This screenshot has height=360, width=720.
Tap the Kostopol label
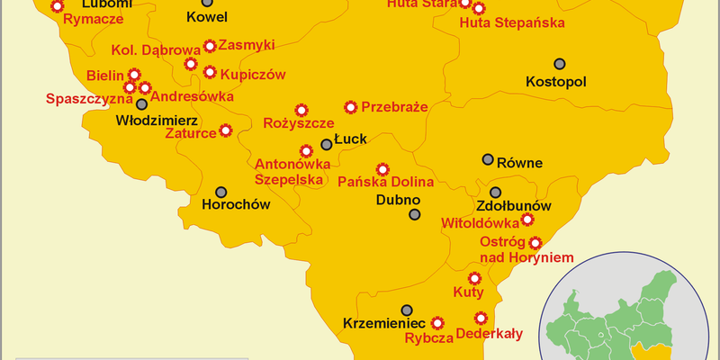click(x=555, y=82)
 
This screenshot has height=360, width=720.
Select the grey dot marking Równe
click(x=488, y=159)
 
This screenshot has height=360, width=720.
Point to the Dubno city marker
click(x=414, y=214)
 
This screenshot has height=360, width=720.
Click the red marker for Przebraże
click(x=351, y=107)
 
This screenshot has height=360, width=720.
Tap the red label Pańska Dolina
click(x=386, y=183)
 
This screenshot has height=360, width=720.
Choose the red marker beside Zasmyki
click(x=211, y=45)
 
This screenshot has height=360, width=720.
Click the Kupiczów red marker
click(x=211, y=72)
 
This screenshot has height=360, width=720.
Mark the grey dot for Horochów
click(x=221, y=192)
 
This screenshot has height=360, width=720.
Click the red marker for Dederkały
click(x=481, y=317)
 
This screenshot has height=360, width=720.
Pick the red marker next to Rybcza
click(x=438, y=322)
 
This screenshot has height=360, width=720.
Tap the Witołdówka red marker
click(x=527, y=219)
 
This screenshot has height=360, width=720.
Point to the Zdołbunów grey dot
click(x=496, y=193)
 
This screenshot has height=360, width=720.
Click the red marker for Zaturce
click(x=226, y=130)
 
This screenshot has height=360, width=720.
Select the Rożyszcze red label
click(x=298, y=122)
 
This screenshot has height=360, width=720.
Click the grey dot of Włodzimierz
click(x=141, y=104)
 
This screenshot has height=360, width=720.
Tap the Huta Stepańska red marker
click(x=479, y=9)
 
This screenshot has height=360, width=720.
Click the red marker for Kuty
click(x=474, y=277)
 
